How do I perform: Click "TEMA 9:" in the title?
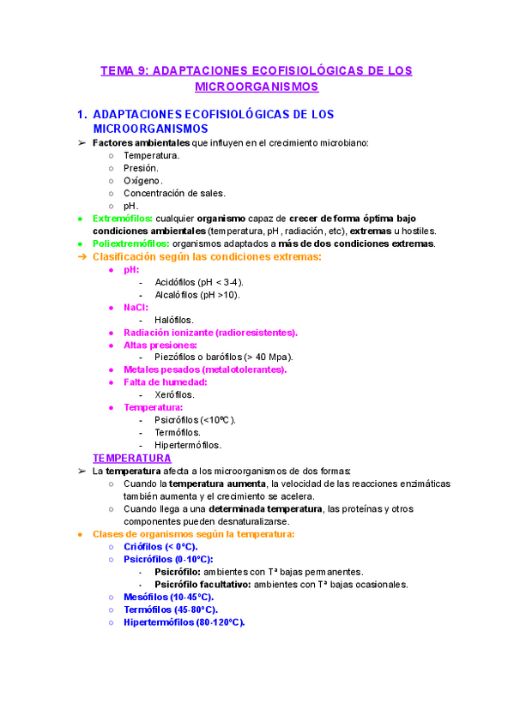pos(124,70)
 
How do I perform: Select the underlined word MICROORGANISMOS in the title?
pos(257,87)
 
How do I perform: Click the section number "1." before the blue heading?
pos(82,114)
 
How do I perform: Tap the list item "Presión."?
pos(141,168)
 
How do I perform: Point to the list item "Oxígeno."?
pos(142,181)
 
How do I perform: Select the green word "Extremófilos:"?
pos(123,219)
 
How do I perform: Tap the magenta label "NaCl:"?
pos(136,307)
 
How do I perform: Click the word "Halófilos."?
pos(174,320)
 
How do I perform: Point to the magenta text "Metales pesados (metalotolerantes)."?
pos(205,370)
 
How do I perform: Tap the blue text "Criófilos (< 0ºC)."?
pos(160,546)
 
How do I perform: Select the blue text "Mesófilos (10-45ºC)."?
pos(168,597)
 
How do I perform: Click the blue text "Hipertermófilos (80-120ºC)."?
pos(184,622)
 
